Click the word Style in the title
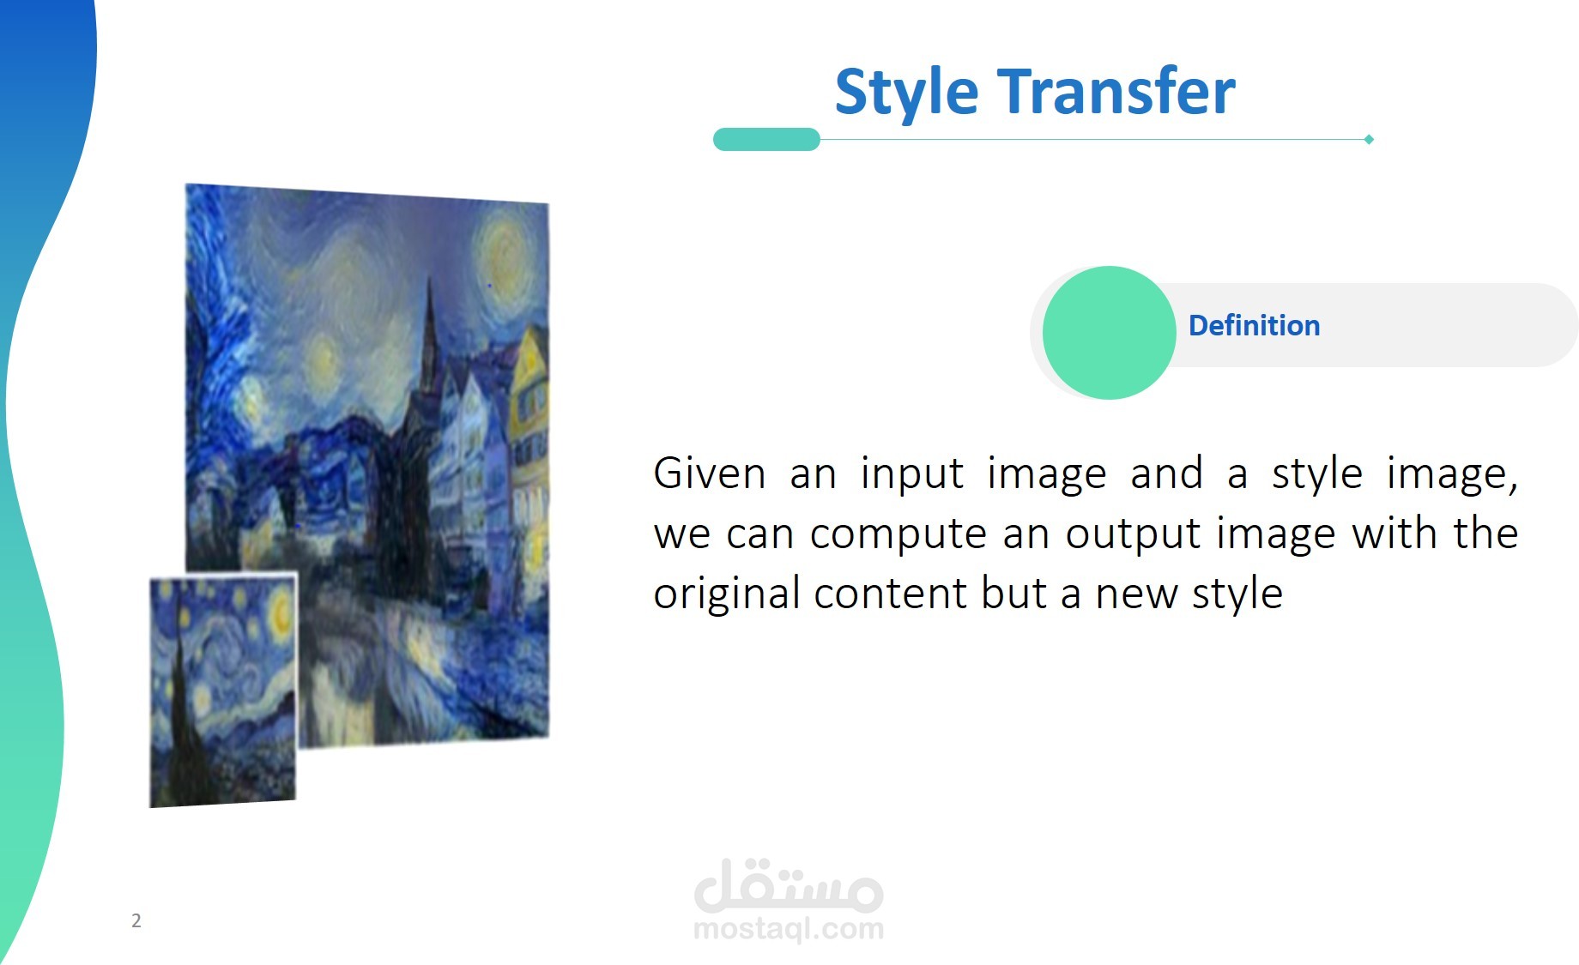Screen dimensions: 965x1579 [x=906, y=93]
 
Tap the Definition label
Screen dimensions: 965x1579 [x=1254, y=326]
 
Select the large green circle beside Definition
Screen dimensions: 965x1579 [x=1109, y=333]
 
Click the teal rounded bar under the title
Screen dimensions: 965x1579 [x=766, y=139]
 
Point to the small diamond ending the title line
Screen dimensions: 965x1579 [x=1369, y=139]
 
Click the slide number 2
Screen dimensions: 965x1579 [x=136, y=920]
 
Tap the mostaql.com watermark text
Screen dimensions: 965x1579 [x=789, y=928]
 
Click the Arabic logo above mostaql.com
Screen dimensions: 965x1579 [x=789, y=885]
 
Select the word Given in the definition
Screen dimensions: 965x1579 [x=709, y=473]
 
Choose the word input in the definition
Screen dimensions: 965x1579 [x=911, y=473]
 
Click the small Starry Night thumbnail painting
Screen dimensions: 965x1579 [x=223, y=691]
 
